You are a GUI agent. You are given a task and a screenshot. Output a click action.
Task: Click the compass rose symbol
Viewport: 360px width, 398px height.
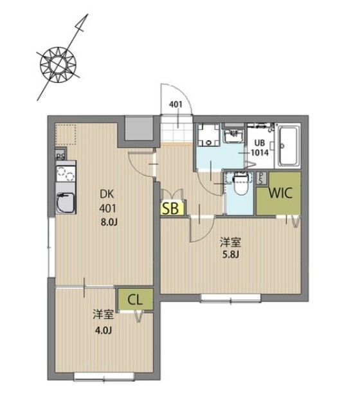click(x=59, y=65)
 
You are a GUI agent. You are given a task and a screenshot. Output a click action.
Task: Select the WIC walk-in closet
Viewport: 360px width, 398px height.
click(x=278, y=193)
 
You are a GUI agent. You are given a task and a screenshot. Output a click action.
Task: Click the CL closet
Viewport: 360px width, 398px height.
click(x=135, y=300)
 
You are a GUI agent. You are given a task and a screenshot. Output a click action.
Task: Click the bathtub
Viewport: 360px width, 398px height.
click(x=287, y=146)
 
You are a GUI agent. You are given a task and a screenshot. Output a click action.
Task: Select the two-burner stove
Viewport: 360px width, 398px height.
click(x=66, y=174)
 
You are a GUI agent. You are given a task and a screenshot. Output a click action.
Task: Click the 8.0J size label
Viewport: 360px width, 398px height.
click(x=109, y=222)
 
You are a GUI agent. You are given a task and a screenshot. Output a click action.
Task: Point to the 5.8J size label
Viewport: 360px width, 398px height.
click(x=231, y=255)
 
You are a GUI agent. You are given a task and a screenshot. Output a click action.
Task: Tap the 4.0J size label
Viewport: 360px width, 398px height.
click(x=103, y=330)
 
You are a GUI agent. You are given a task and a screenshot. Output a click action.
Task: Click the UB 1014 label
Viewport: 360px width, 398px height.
click(x=259, y=148)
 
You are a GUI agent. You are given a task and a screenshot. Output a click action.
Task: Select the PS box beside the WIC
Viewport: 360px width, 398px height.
click(x=261, y=178)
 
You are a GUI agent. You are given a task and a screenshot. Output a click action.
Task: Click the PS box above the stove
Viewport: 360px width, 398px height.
click(x=60, y=155)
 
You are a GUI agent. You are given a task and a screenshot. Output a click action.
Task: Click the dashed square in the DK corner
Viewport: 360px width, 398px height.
click(x=66, y=134)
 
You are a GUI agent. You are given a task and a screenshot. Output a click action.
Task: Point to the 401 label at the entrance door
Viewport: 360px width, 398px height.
click(x=175, y=104)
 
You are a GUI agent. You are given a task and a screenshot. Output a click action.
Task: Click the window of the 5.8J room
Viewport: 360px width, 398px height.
click(x=231, y=298)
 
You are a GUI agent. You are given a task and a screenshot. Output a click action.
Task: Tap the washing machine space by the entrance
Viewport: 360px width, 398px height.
click(x=208, y=136)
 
